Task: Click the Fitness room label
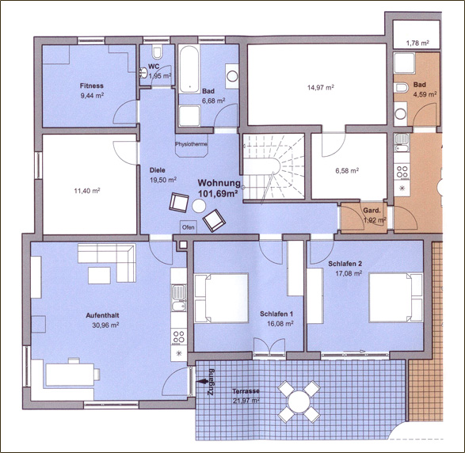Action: (x=92, y=86)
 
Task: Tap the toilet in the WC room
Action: (x=157, y=51)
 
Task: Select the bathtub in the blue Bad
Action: (x=189, y=68)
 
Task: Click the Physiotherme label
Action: (x=191, y=144)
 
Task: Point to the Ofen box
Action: (x=188, y=227)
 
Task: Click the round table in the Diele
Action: (x=199, y=206)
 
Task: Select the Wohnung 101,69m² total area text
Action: (x=219, y=188)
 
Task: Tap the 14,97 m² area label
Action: (x=321, y=87)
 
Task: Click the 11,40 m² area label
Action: (x=87, y=191)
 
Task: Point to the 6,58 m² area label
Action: (x=347, y=171)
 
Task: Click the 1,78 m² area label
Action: (x=417, y=44)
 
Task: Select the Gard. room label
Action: (x=372, y=211)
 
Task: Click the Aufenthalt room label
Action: (x=103, y=315)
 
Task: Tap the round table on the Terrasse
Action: (x=299, y=402)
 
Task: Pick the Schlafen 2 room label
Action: (x=345, y=264)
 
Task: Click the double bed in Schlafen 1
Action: (x=221, y=298)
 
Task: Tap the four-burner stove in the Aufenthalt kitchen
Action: (x=179, y=337)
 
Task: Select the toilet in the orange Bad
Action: (x=401, y=88)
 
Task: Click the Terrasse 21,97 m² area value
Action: (x=246, y=401)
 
